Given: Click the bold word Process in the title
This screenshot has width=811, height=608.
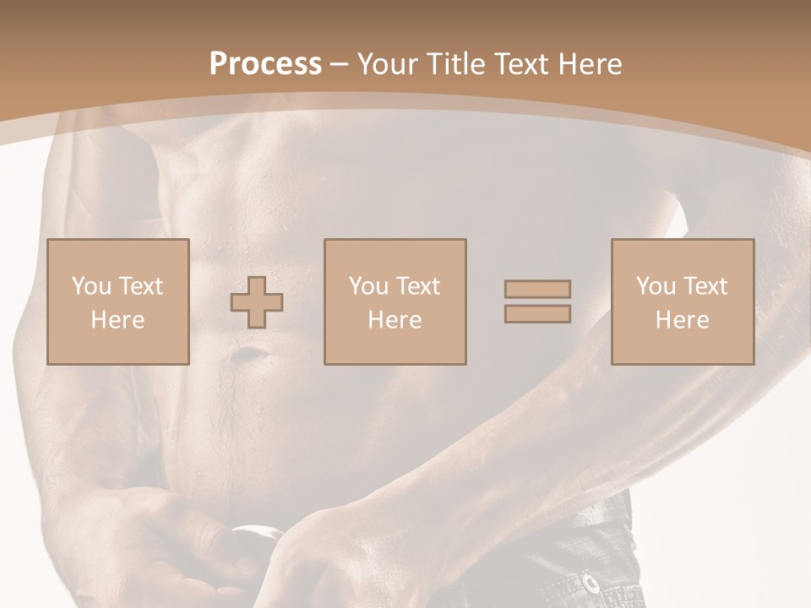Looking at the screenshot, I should click(x=265, y=63).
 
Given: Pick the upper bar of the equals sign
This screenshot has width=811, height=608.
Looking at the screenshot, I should click(x=537, y=289).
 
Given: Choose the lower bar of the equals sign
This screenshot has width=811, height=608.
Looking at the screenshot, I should click(x=537, y=313).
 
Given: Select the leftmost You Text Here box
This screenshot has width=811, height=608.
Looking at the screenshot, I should click(x=117, y=301).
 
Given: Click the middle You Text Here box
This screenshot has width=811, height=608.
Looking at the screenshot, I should click(x=395, y=301).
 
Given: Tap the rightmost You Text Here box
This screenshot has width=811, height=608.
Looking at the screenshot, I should click(x=682, y=301).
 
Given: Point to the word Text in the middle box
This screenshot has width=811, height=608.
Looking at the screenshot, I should click(x=417, y=286).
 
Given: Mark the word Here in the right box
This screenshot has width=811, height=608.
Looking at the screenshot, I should click(x=682, y=319).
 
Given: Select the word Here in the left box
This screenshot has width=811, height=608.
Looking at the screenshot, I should click(x=117, y=319).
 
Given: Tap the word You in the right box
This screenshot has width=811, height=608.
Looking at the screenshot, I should click(x=656, y=286).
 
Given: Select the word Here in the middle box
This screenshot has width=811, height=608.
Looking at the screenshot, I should click(x=395, y=319).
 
